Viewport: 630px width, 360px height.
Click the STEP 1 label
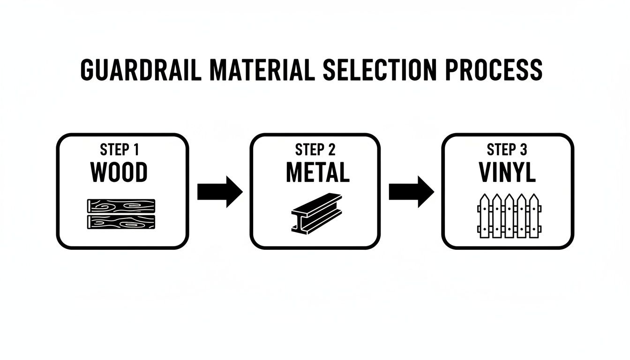click(119, 150)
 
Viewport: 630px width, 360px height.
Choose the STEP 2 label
click(315, 150)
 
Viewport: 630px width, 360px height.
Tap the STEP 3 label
click(507, 150)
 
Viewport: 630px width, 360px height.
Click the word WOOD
click(119, 172)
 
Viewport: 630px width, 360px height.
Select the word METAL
click(317, 172)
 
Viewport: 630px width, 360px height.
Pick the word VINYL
click(507, 172)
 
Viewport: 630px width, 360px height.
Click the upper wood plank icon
click(121, 206)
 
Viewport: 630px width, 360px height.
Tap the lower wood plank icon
click(121, 222)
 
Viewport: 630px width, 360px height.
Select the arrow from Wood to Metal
click(219, 192)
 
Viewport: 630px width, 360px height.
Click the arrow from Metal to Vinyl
click(411, 192)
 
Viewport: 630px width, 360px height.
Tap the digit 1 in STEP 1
click(135, 150)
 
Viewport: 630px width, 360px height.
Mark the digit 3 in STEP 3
click(523, 150)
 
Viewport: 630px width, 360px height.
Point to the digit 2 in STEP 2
click(331, 150)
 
